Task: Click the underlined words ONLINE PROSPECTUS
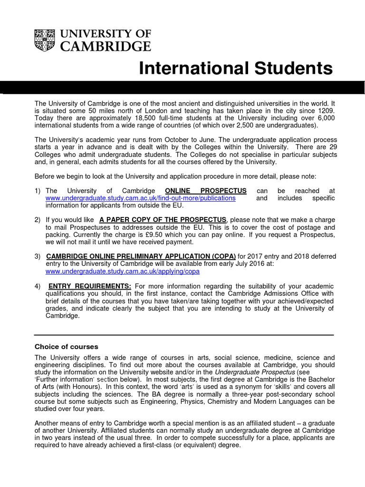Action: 205,191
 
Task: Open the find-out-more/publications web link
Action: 140,198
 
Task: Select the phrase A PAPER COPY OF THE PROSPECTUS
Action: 163,220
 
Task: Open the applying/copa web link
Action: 122,272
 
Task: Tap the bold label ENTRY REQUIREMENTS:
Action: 89,286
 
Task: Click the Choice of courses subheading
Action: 67,347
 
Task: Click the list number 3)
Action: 38,256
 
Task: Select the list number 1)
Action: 38,191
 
